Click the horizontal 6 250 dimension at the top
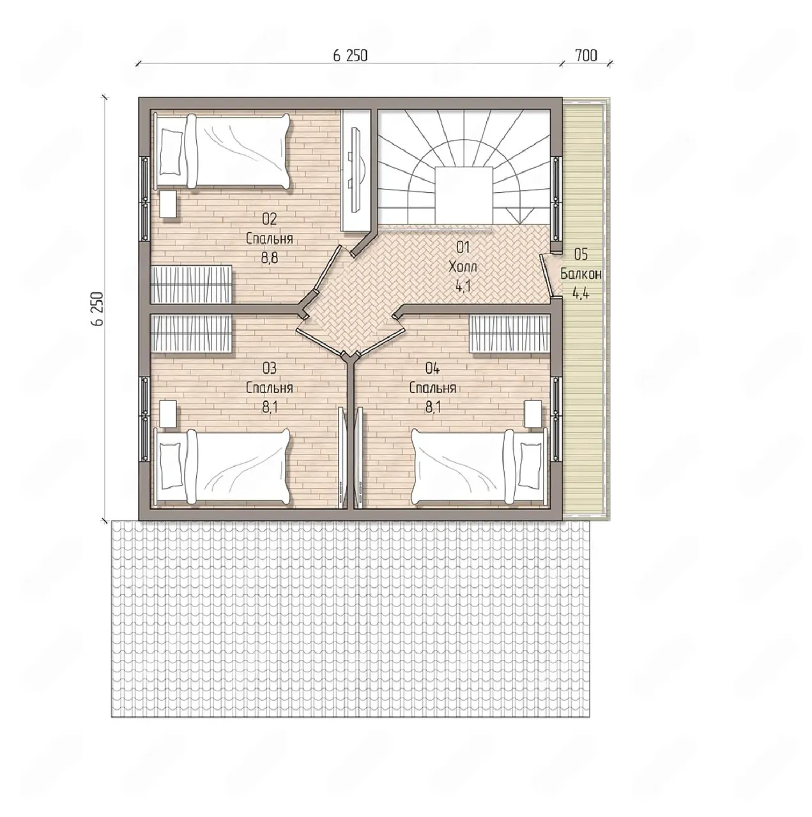pyautogui.click(x=350, y=56)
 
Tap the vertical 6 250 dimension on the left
pyautogui.click(x=97, y=309)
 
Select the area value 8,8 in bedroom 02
pyautogui.click(x=270, y=258)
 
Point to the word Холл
pyautogui.click(x=463, y=267)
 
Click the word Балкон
pyautogui.click(x=581, y=274)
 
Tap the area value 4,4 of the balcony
pyautogui.click(x=581, y=294)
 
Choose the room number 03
pyautogui.click(x=270, y=368)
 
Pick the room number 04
pyautogui.click(x=433, y=368)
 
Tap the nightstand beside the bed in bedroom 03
pyautogui.click(x=169, y=414)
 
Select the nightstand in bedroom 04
pyautogui.click(x=533, y=414)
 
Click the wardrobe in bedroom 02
pyautogui.click(x=191, y=285)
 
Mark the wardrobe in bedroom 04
pyautogui.click(x=509, y=333)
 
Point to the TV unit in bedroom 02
pyautogui.click(x=357, y=170)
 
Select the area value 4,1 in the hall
pyautogui.click(x=463, y=287)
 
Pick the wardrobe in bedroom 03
pyautogui.click(x=191, y=333)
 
